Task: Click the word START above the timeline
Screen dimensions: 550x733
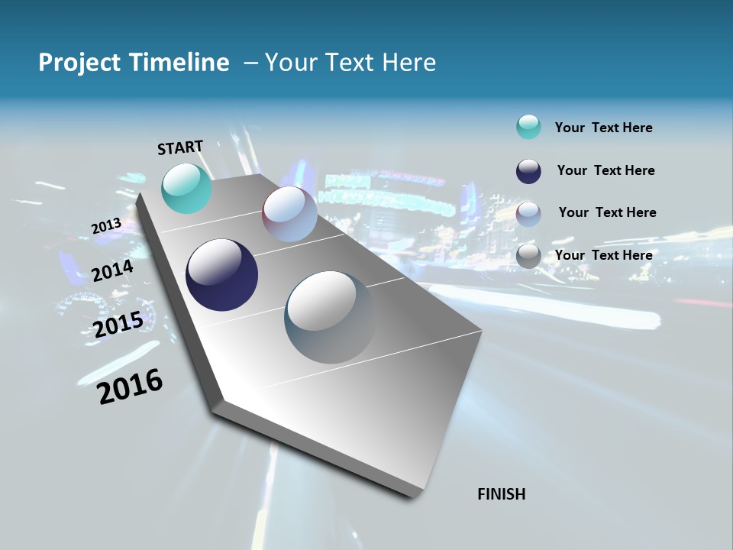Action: point(180,147)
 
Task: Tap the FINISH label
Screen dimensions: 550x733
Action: point(502,494)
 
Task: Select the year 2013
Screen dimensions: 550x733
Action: point(106,226)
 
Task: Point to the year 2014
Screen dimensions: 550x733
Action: point(112,270)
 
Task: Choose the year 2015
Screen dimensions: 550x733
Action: point(118,325)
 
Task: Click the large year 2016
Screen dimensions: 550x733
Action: point(131,387)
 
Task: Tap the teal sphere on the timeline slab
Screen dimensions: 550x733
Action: point(186,188)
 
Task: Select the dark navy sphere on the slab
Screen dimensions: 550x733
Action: point(221,275)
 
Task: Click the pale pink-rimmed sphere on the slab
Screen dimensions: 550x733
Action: point(289,214)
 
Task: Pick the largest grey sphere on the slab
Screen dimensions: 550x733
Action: point(330,316)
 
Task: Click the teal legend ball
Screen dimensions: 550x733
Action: point(528,127)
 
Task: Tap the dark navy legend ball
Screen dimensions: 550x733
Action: point(528,170)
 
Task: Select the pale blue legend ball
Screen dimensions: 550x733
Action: point(528,213)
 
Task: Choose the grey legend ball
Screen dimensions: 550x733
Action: point(528,256)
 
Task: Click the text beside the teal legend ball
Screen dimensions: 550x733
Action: point(603,128)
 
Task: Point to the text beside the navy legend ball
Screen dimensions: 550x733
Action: point(605,170)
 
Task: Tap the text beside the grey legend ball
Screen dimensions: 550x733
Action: point(603,255)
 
